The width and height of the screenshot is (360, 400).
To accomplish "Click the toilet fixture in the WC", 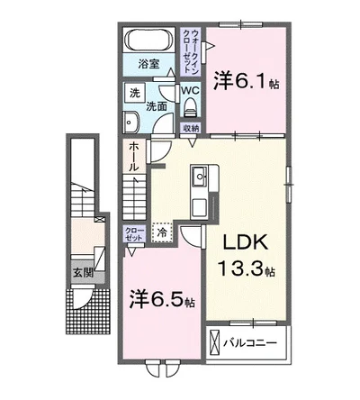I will [191, 108].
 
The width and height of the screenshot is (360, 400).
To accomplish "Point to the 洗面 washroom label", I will [157, 106].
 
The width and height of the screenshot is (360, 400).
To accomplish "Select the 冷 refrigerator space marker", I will [162, 232].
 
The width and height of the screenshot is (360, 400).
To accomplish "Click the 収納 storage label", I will [191, 128].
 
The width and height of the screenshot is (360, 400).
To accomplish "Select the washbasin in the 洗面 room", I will [132, 124].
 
